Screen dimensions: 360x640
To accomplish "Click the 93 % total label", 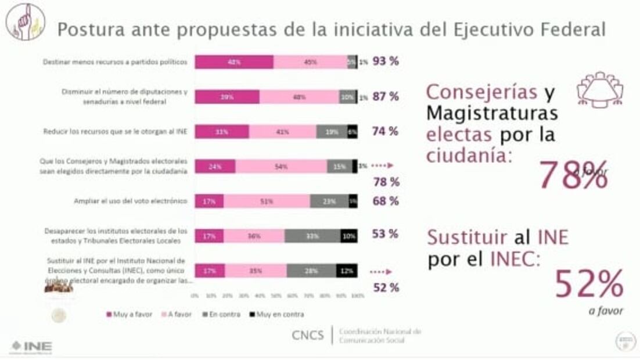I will [x=386, y=62].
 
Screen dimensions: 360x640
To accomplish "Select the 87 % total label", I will [x=386, y=97].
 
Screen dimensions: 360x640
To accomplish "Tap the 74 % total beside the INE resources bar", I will [x=386, y=132].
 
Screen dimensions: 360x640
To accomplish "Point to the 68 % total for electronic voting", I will [x=386, y=201].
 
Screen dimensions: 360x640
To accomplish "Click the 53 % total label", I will [x=386, y=235].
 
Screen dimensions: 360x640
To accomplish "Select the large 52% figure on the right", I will [x=589, y=284].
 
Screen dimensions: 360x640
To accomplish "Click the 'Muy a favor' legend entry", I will [x=129, y=314].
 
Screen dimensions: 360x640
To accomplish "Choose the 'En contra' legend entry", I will [x=223, y=314].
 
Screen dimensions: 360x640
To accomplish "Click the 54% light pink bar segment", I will [x=281, y=167].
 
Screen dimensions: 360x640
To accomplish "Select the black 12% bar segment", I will [x=347, y=271].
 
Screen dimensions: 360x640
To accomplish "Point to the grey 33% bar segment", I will [x=312, y=236].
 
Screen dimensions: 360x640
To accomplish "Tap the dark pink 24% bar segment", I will [x=215, y=167].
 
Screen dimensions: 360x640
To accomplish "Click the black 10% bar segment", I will [x=349, y=236].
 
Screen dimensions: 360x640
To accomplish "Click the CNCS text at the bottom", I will [x=308, y=335].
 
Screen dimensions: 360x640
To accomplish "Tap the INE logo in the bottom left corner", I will [x=31, y=347].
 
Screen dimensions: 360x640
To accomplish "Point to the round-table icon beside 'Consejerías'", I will [x=599, y=88].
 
